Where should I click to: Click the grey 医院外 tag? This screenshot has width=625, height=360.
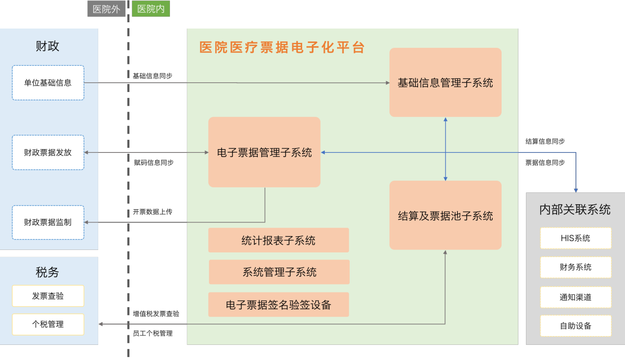[x=106, y=9]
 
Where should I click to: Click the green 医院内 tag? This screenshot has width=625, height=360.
[x=151, y=9]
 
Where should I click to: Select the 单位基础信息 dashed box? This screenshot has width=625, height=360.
[x=48, y=83]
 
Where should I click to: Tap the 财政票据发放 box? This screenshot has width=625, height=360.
[x=48, y=152]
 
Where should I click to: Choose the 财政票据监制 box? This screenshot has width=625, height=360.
[x=48, y=222]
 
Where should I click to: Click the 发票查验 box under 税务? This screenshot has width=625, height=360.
[x=48, y=296]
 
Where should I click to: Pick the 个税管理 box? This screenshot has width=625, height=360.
[x=48, y=324]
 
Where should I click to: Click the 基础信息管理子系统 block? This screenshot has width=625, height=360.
[x=445, y=82]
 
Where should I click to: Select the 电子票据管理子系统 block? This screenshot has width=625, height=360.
[x=264, y=152]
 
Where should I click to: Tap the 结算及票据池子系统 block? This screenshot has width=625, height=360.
[x=445, y=215]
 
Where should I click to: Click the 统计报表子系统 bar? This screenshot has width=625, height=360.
[x=278, y=240]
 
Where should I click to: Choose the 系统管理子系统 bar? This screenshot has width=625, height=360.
[x=279, y=272]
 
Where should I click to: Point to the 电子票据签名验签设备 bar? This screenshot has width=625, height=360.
[x=278, y=305]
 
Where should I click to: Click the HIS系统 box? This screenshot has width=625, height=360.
[x=575, y=238]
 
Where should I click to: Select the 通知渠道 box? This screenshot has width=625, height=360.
[x=575, y=297]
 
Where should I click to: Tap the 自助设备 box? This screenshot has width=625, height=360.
[x=575, y=326]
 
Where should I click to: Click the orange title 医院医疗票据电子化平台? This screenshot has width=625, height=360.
[x=282, y=47]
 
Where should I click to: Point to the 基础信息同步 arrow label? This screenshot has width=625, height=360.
[x=152, y=76]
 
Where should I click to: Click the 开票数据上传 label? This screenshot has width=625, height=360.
[x=152, y=212]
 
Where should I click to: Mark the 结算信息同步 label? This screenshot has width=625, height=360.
[x=545, y=142]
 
